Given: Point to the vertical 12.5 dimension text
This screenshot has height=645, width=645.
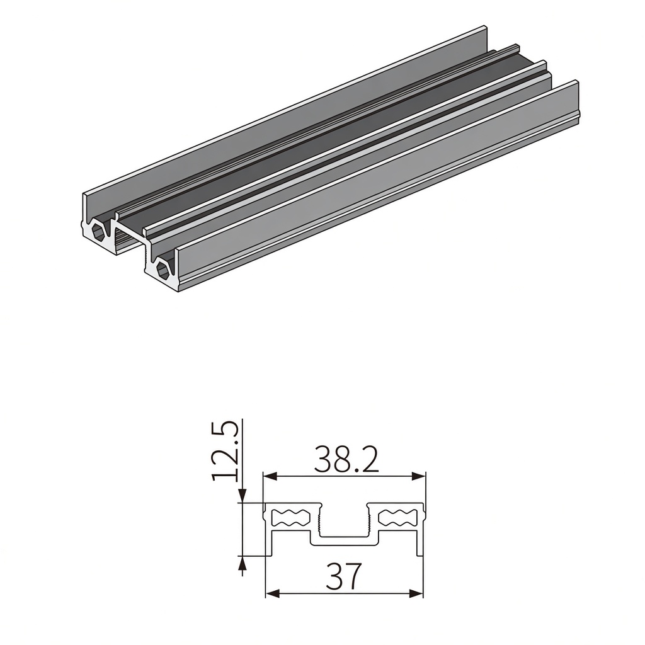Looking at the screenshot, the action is (225, 450).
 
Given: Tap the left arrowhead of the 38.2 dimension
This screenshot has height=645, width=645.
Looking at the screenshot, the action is (270, 477).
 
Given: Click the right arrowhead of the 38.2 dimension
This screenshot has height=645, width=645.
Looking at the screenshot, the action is (418, 477).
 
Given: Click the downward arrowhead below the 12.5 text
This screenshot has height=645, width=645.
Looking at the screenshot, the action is (243, 496).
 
